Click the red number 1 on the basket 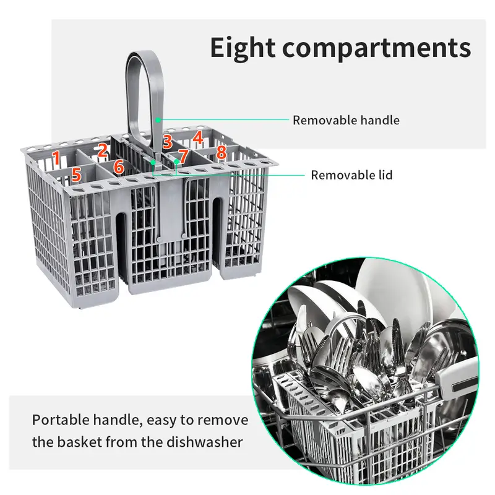click(56, 158)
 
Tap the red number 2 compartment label click(102, 150)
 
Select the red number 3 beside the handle click(167, 142)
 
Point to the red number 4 click(197, 137)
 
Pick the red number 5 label click(76, 174)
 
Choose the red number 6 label click(119, 166)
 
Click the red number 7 click(183, 156)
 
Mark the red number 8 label click(222, 152)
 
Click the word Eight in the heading click(243, 48)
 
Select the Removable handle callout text click(346, 120)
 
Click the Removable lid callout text click(351, 175)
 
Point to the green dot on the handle click(158, 120)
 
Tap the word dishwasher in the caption click(205, 442)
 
